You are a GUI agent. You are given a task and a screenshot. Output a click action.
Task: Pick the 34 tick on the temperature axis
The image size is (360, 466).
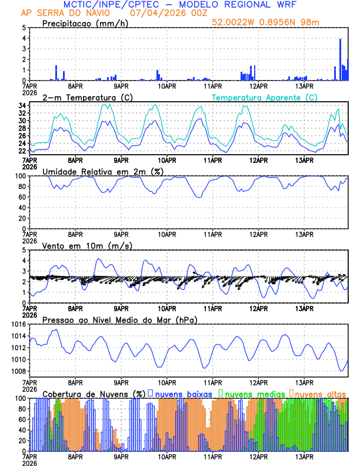point(22,106)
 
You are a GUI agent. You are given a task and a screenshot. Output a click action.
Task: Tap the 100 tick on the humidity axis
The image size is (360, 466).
point(19,176)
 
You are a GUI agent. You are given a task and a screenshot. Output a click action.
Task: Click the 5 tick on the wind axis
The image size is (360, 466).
point(24,250)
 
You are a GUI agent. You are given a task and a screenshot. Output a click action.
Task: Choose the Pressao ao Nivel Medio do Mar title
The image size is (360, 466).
point(119,319)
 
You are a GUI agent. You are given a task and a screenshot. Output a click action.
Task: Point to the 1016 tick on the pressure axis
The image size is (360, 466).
point(18,324)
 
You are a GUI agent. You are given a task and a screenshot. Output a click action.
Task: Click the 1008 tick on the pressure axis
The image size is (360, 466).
point(18,371)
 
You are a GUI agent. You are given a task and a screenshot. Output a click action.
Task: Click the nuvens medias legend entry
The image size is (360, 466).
point(251,393)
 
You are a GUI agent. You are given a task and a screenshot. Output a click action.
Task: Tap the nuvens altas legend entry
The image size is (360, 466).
point(319,393)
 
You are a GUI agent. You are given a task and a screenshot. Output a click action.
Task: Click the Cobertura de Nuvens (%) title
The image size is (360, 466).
point(92,393)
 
